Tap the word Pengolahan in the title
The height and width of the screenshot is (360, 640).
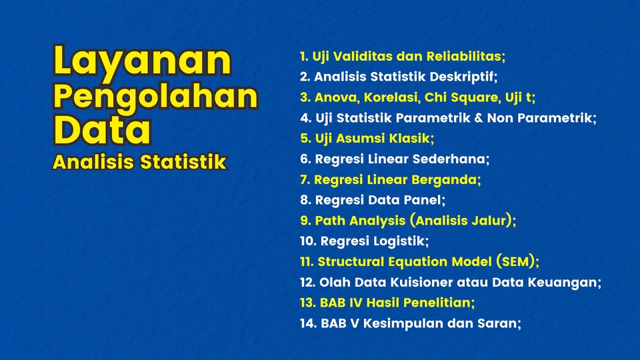(x=155, y=97)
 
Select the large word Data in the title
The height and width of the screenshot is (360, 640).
(x=102, y=131)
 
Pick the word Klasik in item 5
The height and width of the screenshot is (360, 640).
(x=411, y=139)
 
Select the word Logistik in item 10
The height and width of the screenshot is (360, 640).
(x=397, y=241)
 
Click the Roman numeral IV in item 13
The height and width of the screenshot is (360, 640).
(x=351, y=303)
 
